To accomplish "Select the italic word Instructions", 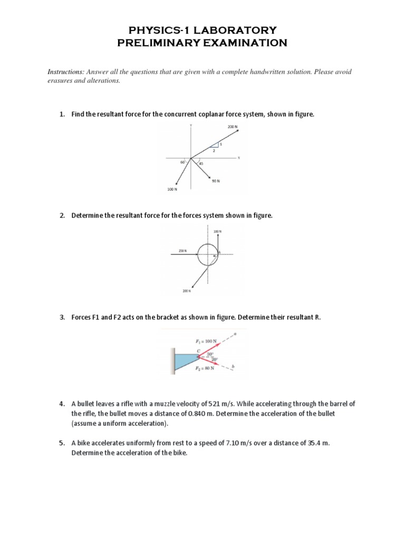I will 66,72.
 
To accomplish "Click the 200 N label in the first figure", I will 233,127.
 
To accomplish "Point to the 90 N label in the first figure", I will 215,181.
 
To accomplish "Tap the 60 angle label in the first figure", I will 182,162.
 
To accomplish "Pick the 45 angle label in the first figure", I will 201,164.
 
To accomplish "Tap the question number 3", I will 61,317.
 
